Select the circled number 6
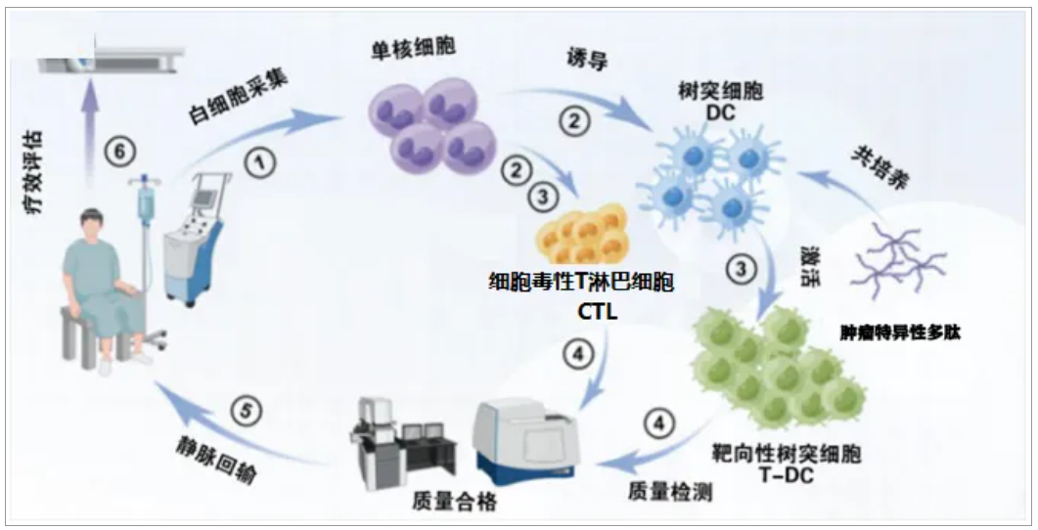[118, 153]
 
